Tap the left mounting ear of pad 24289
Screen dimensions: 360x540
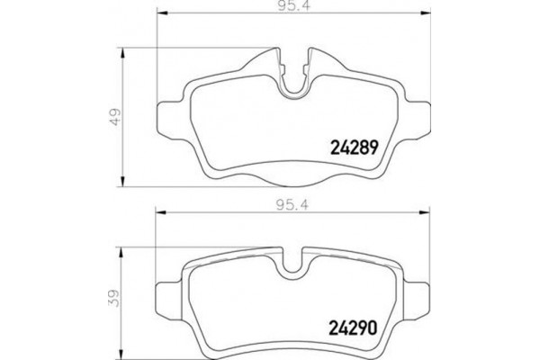tap(168, 116)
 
